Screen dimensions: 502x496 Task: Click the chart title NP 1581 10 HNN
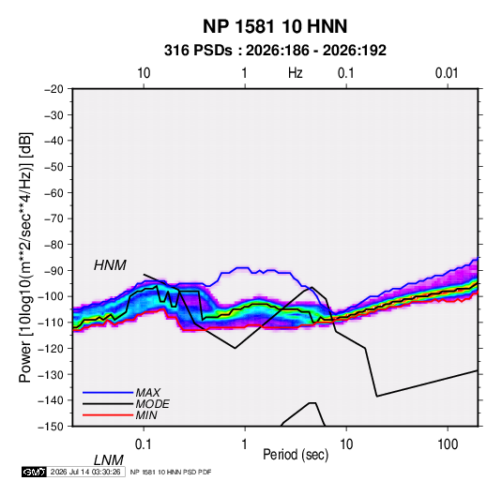pyautogui.click(x=275, y=26)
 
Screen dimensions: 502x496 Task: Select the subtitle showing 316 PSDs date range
pyautogui.click(x=275, y=51)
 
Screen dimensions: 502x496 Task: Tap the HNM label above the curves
pyautogui.click(x=110, y=265)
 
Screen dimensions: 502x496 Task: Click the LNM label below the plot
pyautogui.click(x=109, y=460)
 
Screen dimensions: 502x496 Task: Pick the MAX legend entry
pyautogui.click(x=147, y=392)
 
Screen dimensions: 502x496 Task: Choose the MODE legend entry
pyautogui.click(x=152, y=404)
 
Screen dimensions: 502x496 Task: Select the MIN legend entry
pyautogui.click(x=146, y=415)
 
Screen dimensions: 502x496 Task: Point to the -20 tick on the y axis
pyautogui.click(x=53, y=89)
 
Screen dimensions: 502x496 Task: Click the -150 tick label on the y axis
pyautogui.click(x=51, y=427)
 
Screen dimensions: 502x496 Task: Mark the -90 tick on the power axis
pyautogui.click(x=53, y=270)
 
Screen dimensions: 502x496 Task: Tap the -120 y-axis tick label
pyautogui.click(x=51, y=348)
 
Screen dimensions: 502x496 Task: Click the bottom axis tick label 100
pyautogui.click(x=448, y=444)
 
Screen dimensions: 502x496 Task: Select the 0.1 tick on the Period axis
pyautogui.click(x=144, y=444)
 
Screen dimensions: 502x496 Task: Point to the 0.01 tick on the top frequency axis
pyautogui.click(x=447, y=73)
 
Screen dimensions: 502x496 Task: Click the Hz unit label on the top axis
pyautogui.click(x=296, y=73)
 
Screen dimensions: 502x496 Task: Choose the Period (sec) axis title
pyautogui.click(x=296, y=455)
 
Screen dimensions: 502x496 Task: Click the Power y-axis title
pyautogui.click(x=25, y=257)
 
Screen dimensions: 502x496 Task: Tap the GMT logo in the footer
pyautogui.click(x=35, y=472)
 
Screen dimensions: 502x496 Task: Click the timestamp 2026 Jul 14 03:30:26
pyautogui.click(x=85, y=472)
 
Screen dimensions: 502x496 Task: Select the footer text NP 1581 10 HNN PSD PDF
pyautogui.click(x=171, y=472)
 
